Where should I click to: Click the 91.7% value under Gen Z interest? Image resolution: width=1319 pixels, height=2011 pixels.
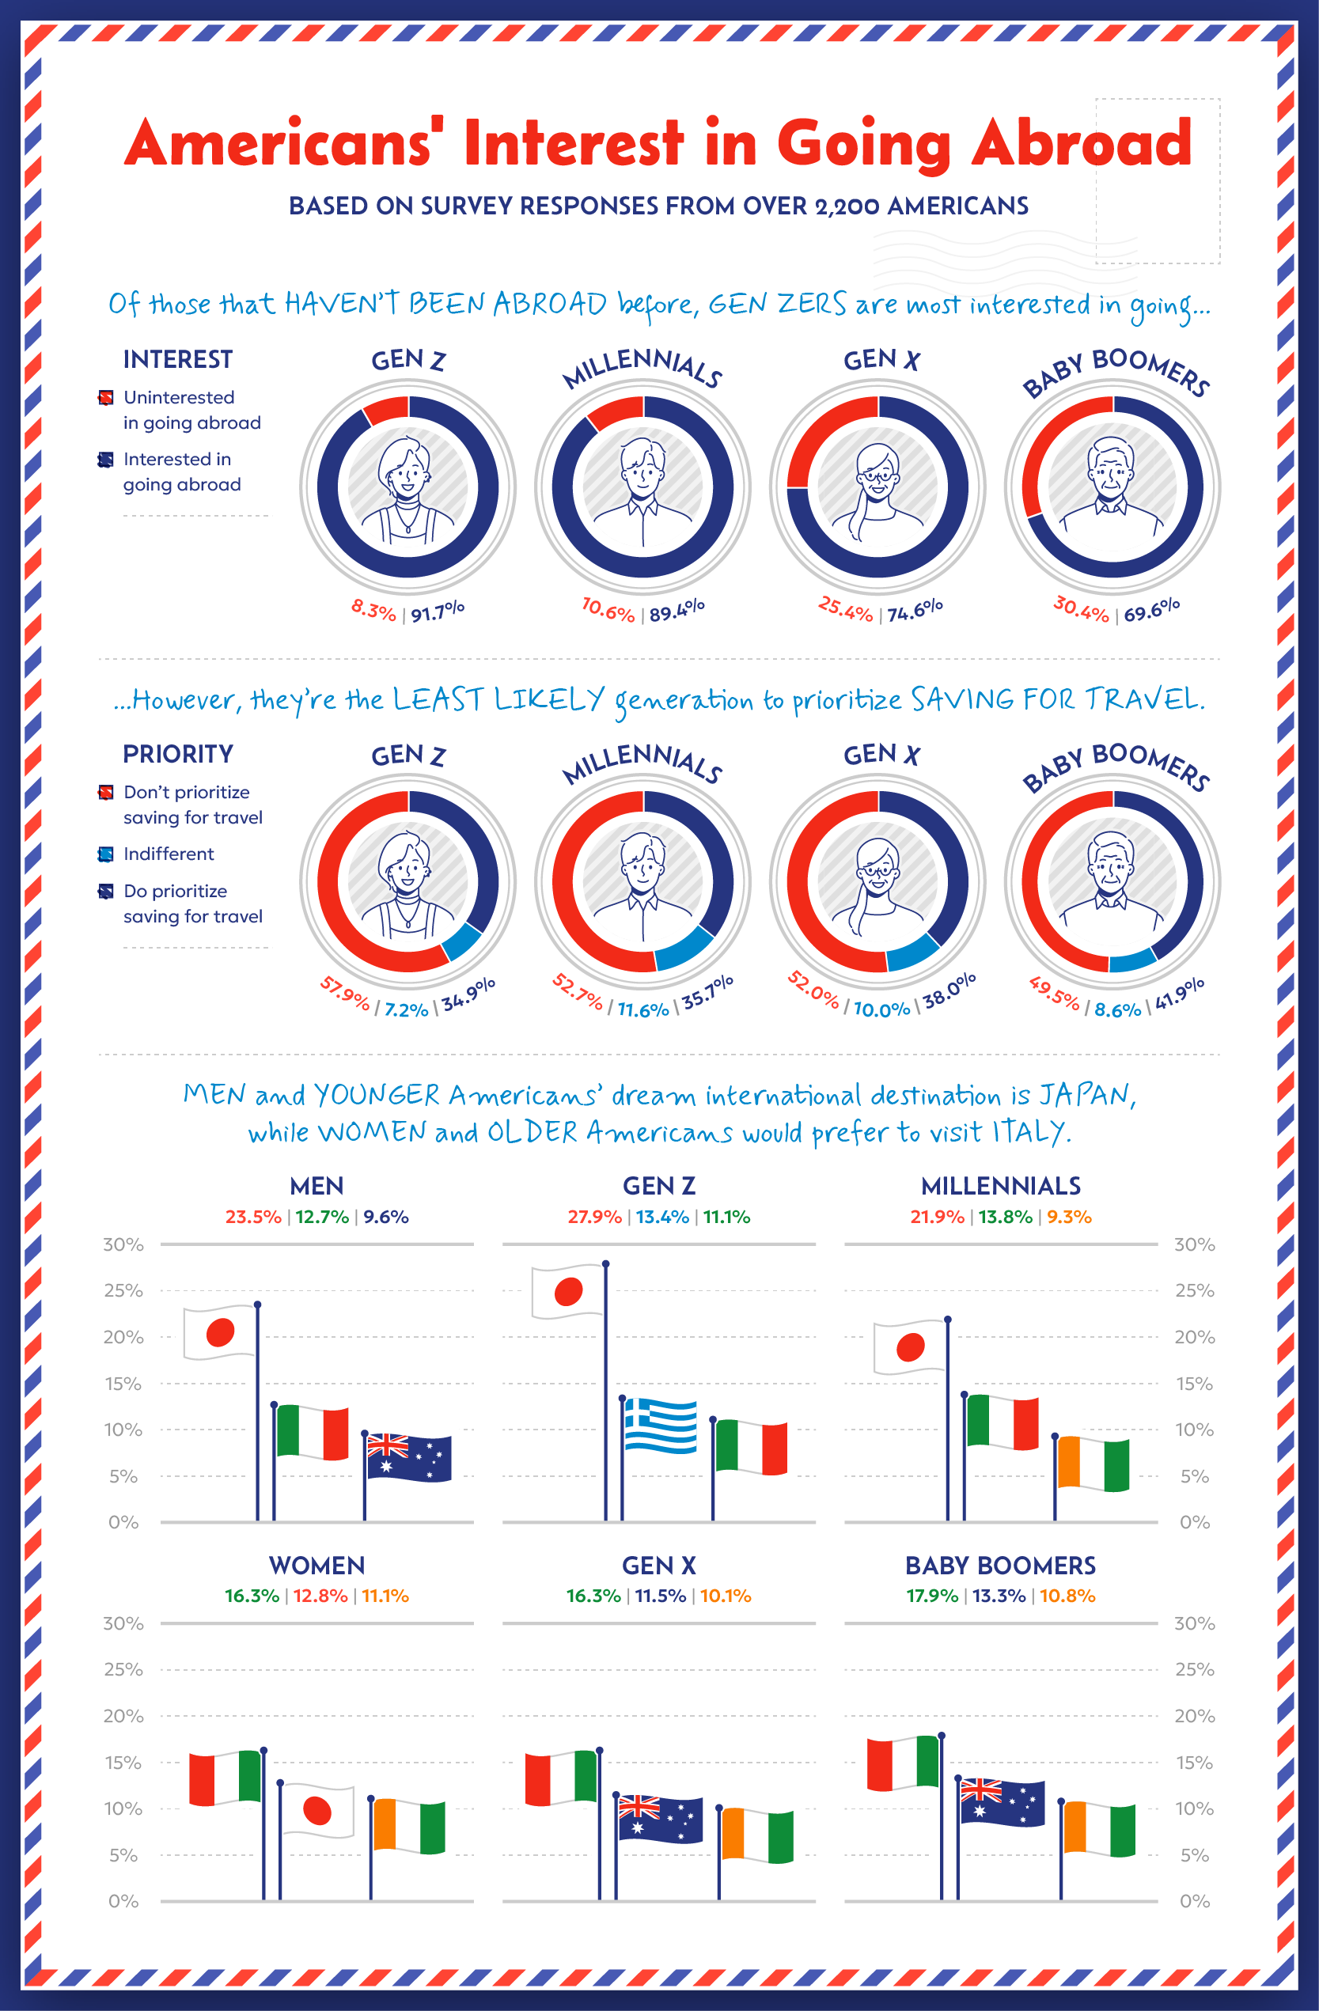tap(438, 611)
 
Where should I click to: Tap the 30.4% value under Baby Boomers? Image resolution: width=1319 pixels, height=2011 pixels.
tap(1081, 608)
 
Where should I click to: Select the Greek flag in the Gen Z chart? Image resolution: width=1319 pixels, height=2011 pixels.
tap(661, 1426)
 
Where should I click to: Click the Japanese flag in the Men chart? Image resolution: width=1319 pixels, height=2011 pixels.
tap(220, 1332)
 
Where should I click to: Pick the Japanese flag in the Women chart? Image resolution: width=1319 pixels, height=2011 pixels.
tap(316, 1811)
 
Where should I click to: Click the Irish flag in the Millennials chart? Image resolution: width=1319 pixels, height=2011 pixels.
tap(1093, 1464)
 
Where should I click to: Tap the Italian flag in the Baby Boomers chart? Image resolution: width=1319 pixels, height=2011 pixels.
tap(904, 1763)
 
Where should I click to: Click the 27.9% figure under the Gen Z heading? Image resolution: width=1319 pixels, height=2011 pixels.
tap(594, 1217)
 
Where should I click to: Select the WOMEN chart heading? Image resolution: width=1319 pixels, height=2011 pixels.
tap(316, 1566)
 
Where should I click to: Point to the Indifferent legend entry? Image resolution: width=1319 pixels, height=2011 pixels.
tap(169, 854)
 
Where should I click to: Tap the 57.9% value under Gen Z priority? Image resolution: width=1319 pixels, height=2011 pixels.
tap(345, 994)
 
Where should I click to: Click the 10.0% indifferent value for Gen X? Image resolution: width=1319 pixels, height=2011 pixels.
tap(881, 1009)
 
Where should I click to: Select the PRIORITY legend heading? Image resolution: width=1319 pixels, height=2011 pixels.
tap(177, 754)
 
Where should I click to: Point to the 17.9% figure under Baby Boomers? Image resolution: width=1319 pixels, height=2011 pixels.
tap(932, 1596)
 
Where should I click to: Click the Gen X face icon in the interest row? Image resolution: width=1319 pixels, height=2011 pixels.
tap(878, 487)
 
